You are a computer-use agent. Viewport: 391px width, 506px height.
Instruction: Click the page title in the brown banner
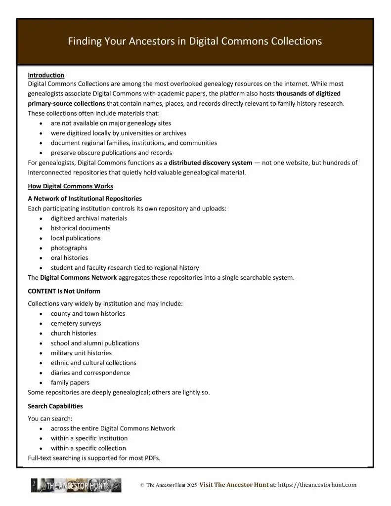click(195, 42)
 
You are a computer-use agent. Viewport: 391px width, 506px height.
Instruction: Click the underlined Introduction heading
click(46, 75)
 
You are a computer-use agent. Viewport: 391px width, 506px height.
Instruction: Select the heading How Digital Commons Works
click(70, 186)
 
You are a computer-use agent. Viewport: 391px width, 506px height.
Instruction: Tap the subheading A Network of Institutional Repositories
click(85, 198)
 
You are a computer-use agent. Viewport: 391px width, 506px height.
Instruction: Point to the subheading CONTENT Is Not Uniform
click(66, 291)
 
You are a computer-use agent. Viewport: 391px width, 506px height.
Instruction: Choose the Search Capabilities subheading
click(55, 406)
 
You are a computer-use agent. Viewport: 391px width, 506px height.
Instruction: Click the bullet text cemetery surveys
click(76, 323)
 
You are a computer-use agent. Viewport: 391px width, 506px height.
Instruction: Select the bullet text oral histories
click(69, 257)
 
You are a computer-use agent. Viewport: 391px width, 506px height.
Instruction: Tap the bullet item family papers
click(70, 382)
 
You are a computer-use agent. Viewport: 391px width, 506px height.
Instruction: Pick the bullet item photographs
click(69, 248)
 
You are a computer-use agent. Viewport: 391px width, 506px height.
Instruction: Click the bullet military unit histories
click(81, 353)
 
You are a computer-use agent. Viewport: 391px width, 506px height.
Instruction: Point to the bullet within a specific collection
click(88, 448)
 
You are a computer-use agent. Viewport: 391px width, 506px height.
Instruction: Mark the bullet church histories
click(73, 333)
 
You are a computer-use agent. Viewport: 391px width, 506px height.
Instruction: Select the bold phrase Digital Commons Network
click(79, 277)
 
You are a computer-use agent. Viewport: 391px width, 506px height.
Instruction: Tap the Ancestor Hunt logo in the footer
click(76, 485)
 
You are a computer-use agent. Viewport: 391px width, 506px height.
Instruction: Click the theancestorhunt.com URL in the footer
click(317, 485)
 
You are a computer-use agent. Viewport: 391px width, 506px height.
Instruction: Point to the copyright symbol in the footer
click(142, 486)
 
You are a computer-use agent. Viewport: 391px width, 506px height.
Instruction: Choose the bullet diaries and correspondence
click(90, 373)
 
